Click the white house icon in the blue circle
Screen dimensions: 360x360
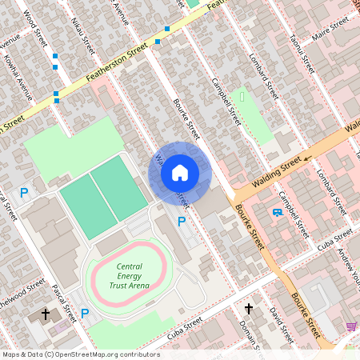click(180, 172)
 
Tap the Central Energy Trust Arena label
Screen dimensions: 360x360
click(130, 276)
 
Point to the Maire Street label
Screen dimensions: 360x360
click(332, 34)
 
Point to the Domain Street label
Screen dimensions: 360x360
click(250, 334)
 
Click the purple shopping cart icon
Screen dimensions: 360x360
click(351, 326)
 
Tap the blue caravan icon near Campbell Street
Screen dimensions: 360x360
click(277, 212)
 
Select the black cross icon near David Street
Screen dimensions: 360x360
click(248, 308)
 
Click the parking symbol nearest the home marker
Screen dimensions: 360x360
click(181, 221)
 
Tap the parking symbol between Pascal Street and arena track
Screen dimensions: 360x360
click(84, 314)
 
